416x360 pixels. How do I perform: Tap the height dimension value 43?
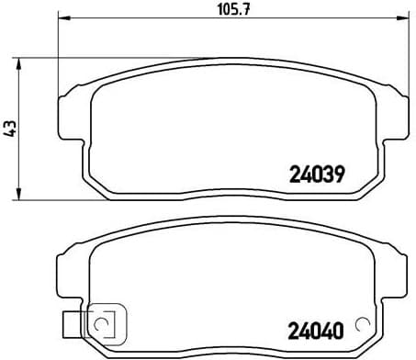(11, 129)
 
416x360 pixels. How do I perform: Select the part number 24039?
(316, 173)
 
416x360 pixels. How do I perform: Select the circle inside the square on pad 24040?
(101, 324)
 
